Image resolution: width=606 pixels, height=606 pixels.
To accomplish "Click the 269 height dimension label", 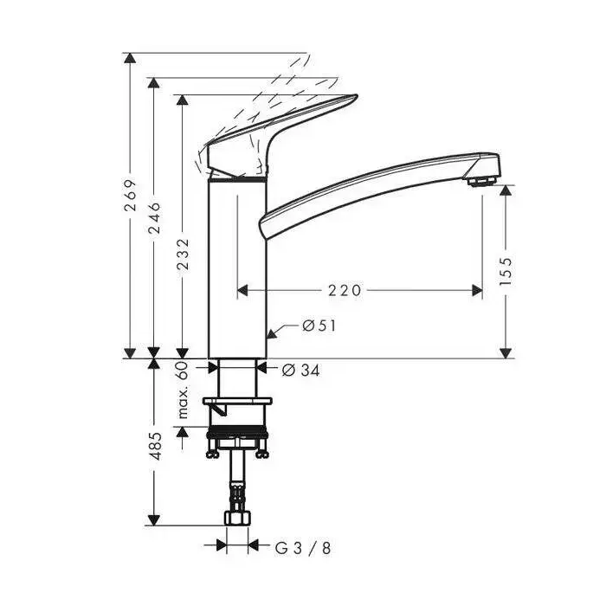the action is tap(130, 195).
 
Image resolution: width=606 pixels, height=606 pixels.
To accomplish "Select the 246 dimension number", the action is tap(154, 218).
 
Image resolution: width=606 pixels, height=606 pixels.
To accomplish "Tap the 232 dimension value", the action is tap(183, 254).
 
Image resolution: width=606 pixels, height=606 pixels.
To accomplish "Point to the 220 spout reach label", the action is tap(345, 290).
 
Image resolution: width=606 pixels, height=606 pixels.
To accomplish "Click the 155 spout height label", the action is tap(505, 271).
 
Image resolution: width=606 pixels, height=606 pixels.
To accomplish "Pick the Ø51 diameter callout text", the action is tap(319, 326).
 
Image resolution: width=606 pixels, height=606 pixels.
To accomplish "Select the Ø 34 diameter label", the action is tap(301, 371).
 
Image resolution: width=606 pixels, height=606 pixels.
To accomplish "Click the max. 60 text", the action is tap(183, 390).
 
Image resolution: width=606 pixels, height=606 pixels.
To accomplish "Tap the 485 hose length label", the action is tap(155, 446).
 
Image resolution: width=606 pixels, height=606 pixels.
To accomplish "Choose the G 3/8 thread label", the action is tap(303, 548).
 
